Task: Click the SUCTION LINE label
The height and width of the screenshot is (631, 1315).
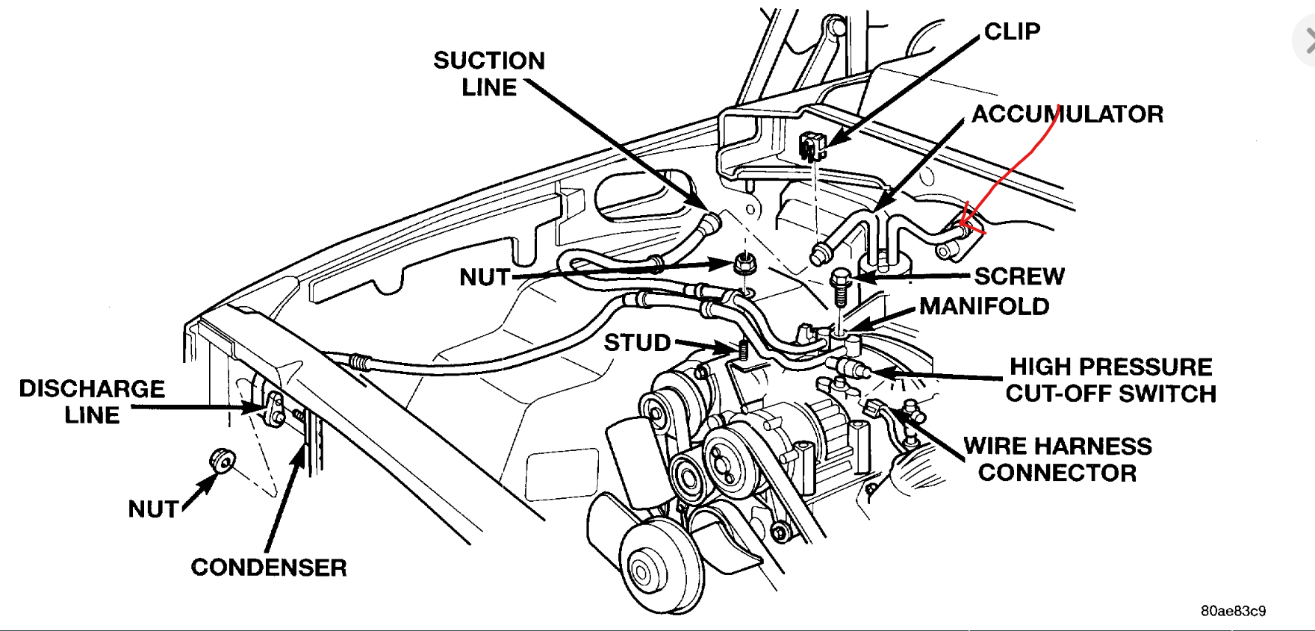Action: point(489,73)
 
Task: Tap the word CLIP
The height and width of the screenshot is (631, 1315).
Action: point(1012,31)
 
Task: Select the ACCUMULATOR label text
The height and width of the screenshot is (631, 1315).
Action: point(1067,114)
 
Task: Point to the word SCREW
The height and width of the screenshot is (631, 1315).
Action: point(1019,276)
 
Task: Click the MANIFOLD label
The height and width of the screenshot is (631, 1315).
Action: point(984,306)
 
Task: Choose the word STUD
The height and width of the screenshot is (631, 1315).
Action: point(637,343)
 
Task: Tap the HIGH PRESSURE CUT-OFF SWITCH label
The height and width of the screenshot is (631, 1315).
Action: point(1110,380)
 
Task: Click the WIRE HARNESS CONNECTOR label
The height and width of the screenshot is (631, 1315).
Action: point(1057,459)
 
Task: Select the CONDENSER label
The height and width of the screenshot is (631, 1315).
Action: point(269,568)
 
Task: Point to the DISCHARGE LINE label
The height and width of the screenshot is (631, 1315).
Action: point(92,402)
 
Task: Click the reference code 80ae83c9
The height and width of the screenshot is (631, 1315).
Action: point(1233,611)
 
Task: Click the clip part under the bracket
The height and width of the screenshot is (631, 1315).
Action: point(812,145)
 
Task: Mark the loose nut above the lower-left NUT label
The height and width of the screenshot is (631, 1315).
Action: point(222,461)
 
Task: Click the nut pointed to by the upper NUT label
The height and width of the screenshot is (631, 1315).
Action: point(742,264)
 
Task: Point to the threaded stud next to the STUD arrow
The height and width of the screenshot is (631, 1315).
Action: point(743,349)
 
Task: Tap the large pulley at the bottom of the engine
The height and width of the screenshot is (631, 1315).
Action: point(648,569)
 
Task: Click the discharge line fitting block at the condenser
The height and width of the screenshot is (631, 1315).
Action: point(273,410)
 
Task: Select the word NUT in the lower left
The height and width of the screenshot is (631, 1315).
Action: point(153,509)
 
